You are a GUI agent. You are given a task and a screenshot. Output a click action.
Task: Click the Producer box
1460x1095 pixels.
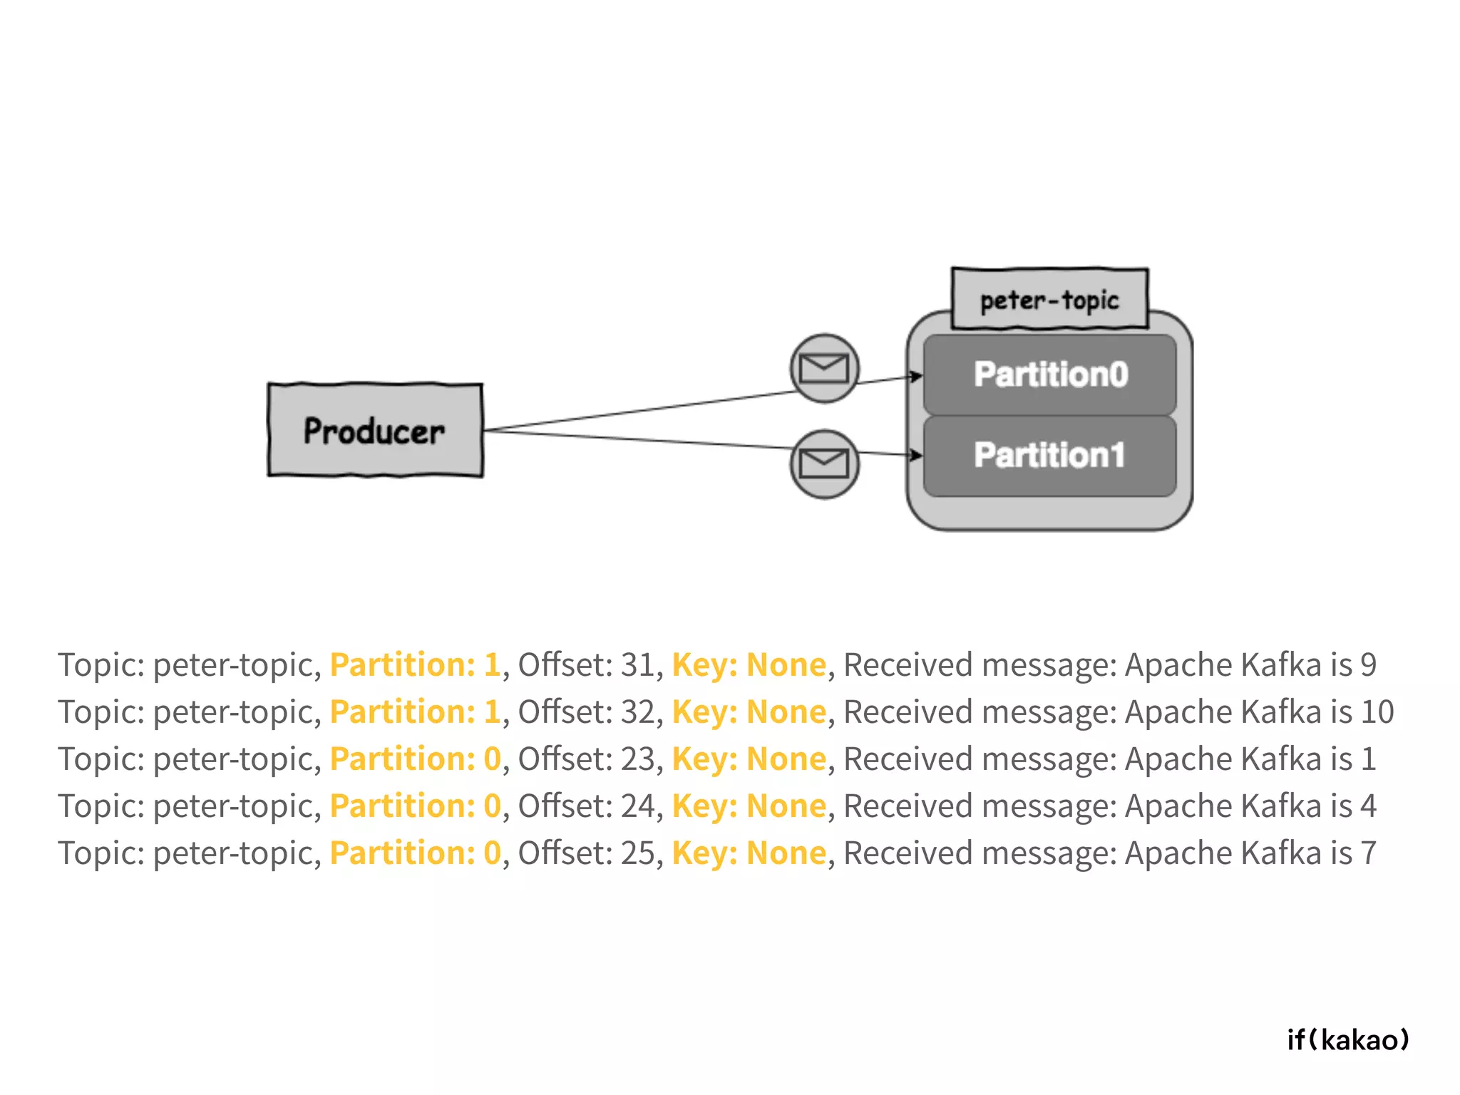(x=375, y=431)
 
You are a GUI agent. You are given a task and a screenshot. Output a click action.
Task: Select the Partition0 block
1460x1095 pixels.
(x=1049, y=375)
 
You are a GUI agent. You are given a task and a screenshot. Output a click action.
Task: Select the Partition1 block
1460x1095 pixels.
(x=1049, y=456)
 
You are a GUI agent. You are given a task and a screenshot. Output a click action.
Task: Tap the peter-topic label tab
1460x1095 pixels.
(x=1049, y=299)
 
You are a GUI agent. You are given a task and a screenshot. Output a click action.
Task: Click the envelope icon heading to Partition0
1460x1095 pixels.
(x=824, y=369)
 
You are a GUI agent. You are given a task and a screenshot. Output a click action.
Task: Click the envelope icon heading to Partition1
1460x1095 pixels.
(x=824, y=464)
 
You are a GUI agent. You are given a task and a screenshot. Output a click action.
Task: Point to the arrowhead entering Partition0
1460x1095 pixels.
(x=917, y=376)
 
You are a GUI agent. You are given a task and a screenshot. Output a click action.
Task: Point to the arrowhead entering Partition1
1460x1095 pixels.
(x=917, y=455)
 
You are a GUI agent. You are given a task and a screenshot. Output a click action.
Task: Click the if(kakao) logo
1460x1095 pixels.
(x=1348, y=1039)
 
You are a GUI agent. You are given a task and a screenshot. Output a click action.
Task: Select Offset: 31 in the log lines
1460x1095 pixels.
(x=586, y=664)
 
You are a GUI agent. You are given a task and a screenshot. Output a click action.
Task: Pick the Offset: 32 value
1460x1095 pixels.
(x=586, y=711)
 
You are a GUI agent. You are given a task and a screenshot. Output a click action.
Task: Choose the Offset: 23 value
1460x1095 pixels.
(x=586, y=759)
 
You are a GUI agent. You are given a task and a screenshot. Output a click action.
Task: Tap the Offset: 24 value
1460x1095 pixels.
(x=586, y=806)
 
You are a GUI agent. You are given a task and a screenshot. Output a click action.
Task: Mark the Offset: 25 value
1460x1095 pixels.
(x=586, y=853)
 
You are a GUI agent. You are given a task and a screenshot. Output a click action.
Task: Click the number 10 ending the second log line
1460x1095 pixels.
(x=1377, y=711)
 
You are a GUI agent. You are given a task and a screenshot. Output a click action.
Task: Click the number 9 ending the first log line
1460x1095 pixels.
(x=1368, y=664)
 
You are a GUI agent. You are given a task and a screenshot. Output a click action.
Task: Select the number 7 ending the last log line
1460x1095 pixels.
(x=1368, y=853)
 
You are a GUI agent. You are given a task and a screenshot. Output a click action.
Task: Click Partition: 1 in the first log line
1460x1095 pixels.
(x=416, y=664)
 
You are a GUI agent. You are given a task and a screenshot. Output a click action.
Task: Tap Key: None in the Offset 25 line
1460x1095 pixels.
(x=749, y=853)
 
